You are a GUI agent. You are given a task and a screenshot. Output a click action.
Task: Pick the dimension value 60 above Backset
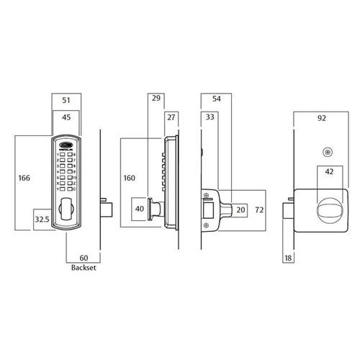(83, 257)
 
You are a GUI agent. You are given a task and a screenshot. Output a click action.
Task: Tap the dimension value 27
(171, 116)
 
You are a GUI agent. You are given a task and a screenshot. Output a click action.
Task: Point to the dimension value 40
(140, 210)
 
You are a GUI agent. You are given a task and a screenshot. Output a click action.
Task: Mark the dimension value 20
(241, 210)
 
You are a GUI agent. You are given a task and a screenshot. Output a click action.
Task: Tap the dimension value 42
(328, 173)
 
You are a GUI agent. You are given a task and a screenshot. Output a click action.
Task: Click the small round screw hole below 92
(328, 152)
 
